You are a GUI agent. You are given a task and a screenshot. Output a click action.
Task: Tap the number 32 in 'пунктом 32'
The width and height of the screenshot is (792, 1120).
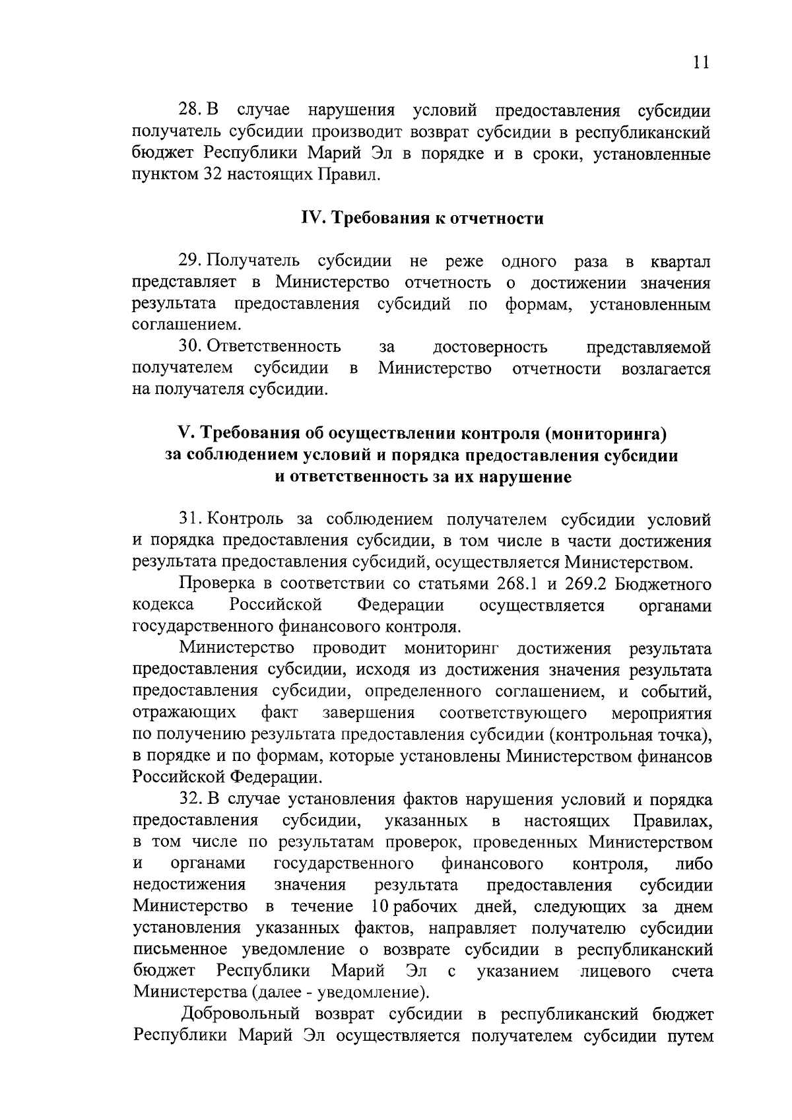pos(211,175)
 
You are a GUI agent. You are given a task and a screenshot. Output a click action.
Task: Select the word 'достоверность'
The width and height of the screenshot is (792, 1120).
pos(490,346)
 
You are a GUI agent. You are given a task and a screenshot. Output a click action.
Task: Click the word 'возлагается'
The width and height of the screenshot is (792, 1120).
pos(666,368)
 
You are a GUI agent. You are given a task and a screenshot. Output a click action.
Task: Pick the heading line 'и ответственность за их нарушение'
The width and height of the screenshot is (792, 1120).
pos(422,477)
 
